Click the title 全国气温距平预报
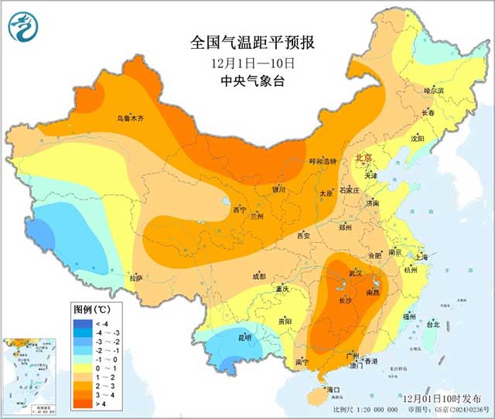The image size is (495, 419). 247,42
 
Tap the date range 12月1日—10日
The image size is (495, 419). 247,62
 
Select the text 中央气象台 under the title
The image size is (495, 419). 247,81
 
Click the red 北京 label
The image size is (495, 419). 363,157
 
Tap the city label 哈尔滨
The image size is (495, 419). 434,91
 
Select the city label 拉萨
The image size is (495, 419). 136,278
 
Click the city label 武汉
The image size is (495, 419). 355,274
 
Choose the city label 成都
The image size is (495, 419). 258,276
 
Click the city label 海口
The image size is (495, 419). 334,389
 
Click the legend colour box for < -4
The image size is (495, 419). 83,323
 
